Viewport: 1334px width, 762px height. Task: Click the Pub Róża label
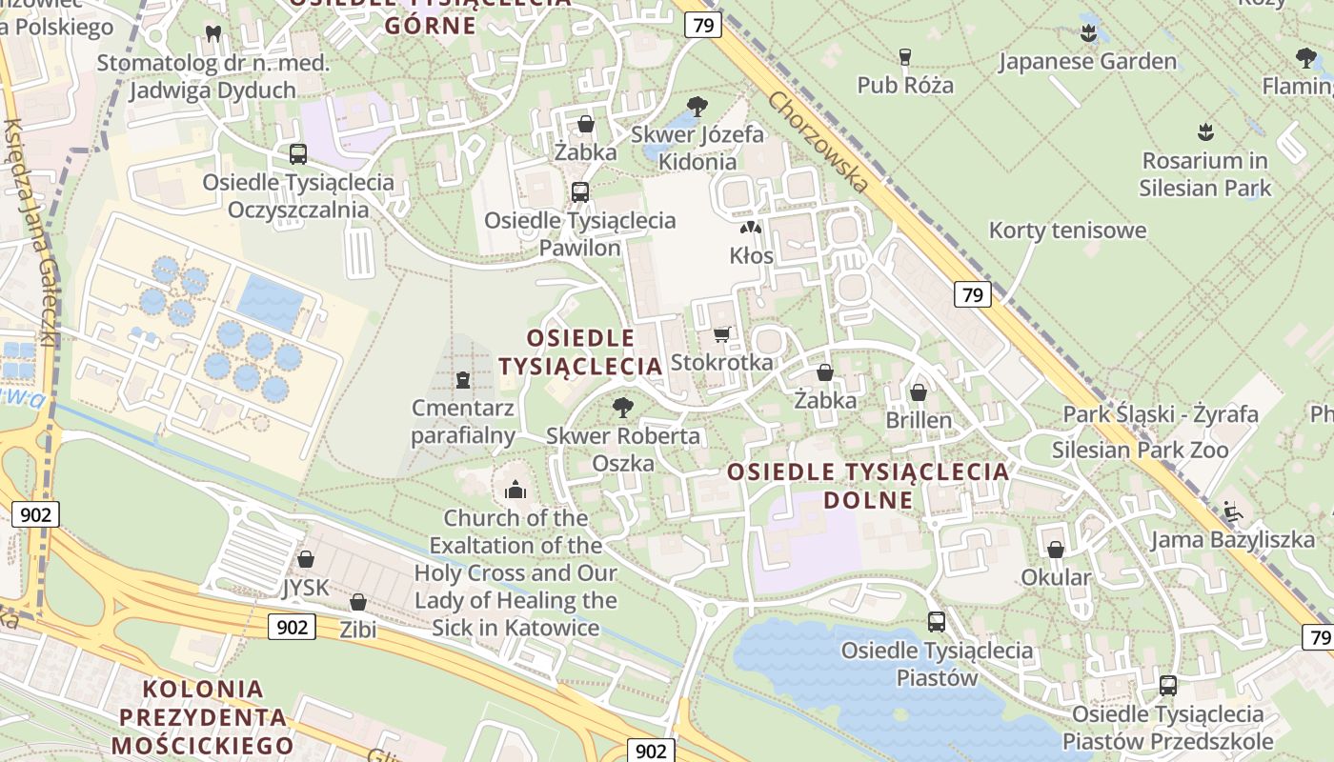(904, 85)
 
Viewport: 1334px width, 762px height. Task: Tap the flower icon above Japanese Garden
(1088, 34)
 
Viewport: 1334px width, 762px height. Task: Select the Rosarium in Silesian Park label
(1204, 174)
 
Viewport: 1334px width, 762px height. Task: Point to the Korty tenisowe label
(1067, 231)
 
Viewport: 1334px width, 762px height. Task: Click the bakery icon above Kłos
(751, 229)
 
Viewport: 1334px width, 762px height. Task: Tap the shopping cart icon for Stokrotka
(721, 334)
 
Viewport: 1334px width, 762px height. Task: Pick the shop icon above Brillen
(919, 392)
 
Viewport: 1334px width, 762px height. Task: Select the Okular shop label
(1056, 577)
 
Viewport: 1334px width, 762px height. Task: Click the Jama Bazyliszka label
(1232, 540)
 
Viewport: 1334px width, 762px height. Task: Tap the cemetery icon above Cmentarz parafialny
(463, 380)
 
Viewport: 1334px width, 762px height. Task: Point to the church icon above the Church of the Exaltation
(515, 490)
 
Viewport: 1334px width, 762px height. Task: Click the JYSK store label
(305, 588)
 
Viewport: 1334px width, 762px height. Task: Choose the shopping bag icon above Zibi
(358, 602)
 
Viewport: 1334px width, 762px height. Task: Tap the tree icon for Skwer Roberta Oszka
(623, 408)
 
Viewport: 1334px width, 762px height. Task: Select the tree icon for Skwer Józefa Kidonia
(697, 106)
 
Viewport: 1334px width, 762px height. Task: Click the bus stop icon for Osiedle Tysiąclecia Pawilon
(579, 192)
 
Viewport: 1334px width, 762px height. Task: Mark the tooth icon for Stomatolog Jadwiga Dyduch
(213, 34)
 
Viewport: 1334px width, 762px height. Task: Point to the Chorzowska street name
(819, 142)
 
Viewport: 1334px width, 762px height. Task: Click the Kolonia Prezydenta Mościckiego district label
(202, 716)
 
